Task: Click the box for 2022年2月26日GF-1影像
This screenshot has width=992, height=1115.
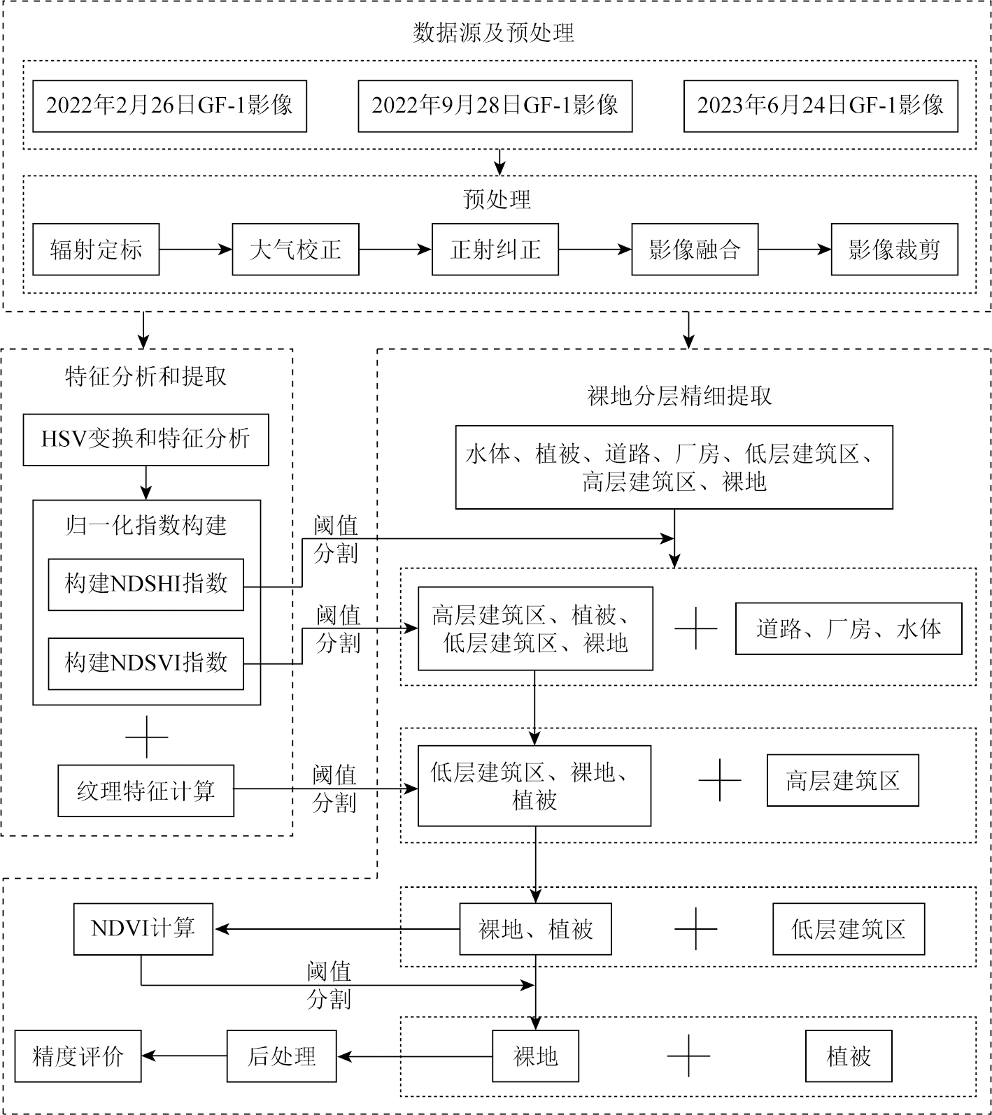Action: (169, 106)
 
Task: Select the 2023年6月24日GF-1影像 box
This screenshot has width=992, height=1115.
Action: (821, 106)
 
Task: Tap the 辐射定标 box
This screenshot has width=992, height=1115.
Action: (96, 250)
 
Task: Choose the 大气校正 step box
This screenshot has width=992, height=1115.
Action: (295, 250)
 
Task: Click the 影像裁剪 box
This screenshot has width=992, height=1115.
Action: (894, 250)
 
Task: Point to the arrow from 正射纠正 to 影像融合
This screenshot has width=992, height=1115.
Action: (595, 249)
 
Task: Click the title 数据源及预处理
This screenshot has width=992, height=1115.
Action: (493, 32)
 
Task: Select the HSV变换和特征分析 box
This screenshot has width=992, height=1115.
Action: (146, 440)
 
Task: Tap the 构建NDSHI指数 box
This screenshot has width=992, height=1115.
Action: (146, 584)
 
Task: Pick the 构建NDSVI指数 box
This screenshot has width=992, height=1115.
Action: (146, 663)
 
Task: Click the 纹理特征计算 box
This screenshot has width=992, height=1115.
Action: (146, 791)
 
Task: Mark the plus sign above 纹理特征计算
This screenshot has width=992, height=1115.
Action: (146, 737)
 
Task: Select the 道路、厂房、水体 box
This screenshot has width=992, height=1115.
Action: (849, 628)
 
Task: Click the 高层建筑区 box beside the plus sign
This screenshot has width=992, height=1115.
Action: (843, 780)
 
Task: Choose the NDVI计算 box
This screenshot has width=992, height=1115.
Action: (143, 929)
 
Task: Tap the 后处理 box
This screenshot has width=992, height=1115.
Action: (282, 1056)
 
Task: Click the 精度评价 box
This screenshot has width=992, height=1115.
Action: (78, 1056)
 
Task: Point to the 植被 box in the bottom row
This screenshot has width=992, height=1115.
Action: (849, 1056)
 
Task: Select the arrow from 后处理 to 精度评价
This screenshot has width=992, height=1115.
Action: (185, 1056)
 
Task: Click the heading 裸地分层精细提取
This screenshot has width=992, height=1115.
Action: (680, 396)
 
